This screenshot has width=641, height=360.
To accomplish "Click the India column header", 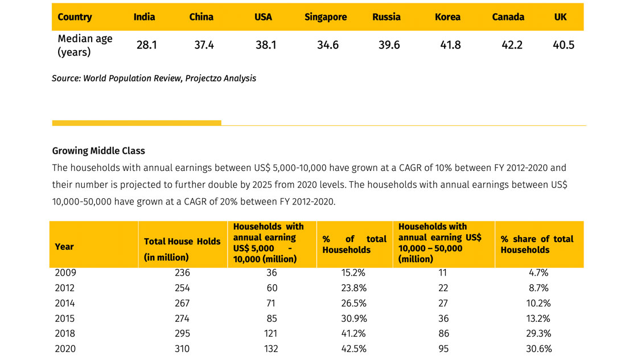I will click(144, 17).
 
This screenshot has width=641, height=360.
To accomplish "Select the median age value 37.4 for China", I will click(204, 45).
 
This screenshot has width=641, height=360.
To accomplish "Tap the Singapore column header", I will click(325, 17).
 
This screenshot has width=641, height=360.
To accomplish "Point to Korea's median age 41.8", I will click(450, 45).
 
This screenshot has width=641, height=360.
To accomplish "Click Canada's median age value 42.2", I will click(512, 45).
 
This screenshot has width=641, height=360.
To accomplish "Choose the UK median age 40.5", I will click(563, 45).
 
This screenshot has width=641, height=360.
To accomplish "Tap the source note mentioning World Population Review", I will click(154, 79).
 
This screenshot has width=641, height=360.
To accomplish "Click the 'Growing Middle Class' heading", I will click(98, 151).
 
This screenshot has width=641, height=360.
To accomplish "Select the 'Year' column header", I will click(64, 247).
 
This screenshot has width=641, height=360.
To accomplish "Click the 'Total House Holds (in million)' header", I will click(182, 249).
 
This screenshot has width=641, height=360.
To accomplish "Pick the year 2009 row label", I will click(65, 273).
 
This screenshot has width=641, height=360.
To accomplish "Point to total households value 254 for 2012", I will click(182, 288).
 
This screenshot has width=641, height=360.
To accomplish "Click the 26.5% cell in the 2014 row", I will click(353, 304).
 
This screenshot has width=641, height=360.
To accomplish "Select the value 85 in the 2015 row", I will click(271, 318).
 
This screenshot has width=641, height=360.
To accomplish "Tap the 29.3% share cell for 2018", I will click(539, 334).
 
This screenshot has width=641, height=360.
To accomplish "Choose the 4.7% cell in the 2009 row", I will click(539, 273).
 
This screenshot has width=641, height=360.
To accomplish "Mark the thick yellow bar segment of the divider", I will click(137, 123).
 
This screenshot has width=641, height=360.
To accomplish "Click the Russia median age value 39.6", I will click(389, 45).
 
